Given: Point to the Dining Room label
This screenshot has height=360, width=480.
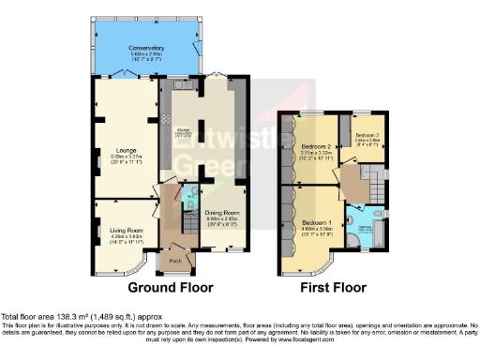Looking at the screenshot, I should [x=223, y=212].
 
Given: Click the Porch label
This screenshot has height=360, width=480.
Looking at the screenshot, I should [x=173, y=259].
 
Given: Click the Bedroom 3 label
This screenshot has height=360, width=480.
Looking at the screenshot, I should [x=367, y=137].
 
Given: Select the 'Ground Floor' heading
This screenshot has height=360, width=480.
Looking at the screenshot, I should [x=170, y=288].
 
